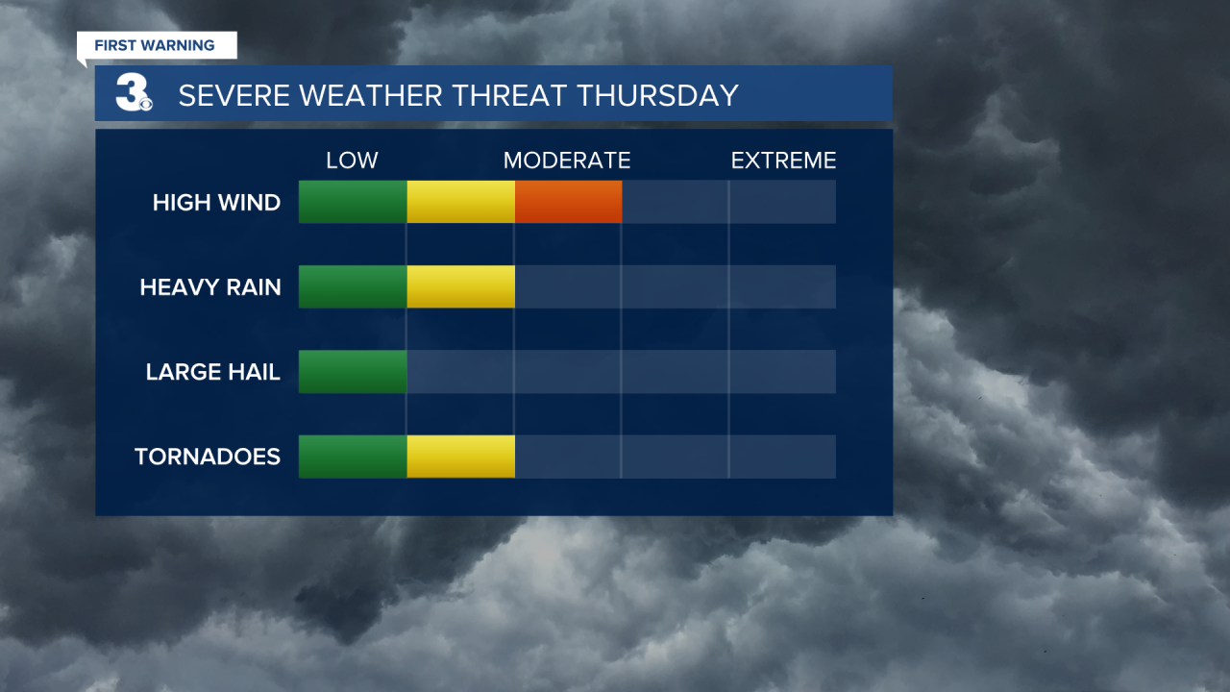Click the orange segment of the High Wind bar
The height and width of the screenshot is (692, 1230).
pyautogui.click(x=568, y=202)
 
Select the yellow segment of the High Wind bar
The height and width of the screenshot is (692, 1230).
pyautogui.click(x=460, y=202)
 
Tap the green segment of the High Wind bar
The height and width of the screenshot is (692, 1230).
pyautogui.click(x=353, y=202)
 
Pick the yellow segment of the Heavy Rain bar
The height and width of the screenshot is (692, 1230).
pyautogui.click(x=460, y=286)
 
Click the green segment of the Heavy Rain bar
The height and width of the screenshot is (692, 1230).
pyautogui.click(x=353, y=286)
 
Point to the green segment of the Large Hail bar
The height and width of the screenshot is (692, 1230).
pyautogui.click(x=353, y=372)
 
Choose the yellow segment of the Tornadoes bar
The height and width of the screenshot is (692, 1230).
pyautogui.click(x=460, y=457)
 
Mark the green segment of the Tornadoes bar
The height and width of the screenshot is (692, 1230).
pyautogui.click(x=353, y=457)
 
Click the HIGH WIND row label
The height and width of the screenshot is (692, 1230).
pyautogui.click(x=216, y=203)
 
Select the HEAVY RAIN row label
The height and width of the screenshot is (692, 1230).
pyautogui.click(x=210, y=287)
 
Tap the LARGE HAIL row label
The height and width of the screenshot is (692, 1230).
pyautogui.click(x=213, y=372)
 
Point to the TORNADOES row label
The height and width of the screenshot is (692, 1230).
pyautogui.click(x=208, y=457)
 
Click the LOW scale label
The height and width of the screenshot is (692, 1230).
pyautogui.click(x=352, y=161)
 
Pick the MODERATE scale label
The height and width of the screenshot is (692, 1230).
pyautogui.click(x=567, y=161)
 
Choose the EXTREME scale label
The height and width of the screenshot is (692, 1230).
pyautogui.click(x=783, y=161)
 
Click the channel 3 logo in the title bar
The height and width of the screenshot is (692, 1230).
pyautogui.click(x=134, y=94)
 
